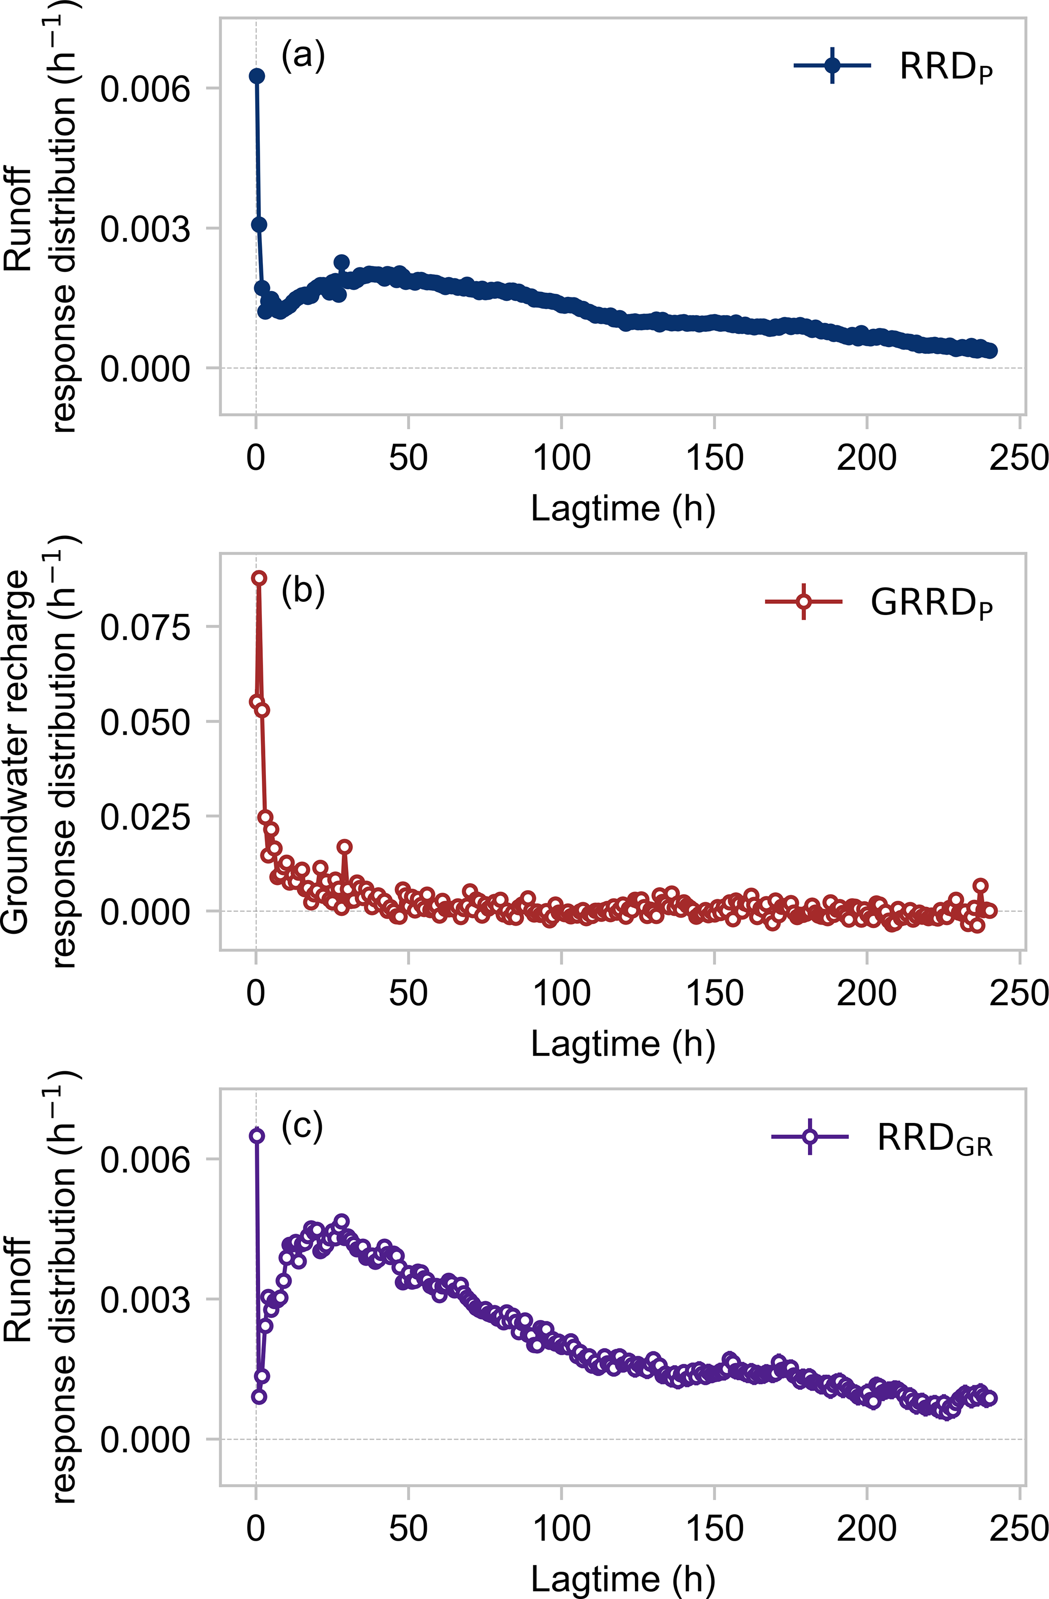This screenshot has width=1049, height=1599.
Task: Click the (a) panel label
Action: tap(303, 56)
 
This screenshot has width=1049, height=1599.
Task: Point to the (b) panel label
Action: tap(303, 591)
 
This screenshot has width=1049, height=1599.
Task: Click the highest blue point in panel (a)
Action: tap(257, 76)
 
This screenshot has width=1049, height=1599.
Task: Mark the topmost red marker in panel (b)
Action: tap(259, 578)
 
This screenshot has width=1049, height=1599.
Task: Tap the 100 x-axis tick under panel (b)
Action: tap(561, 994)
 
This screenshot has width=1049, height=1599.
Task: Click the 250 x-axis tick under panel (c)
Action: tap(1019, 1528)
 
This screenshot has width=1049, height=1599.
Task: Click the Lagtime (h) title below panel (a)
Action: tap(623, 508)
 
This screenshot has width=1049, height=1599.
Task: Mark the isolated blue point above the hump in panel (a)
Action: tap(342, 262)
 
